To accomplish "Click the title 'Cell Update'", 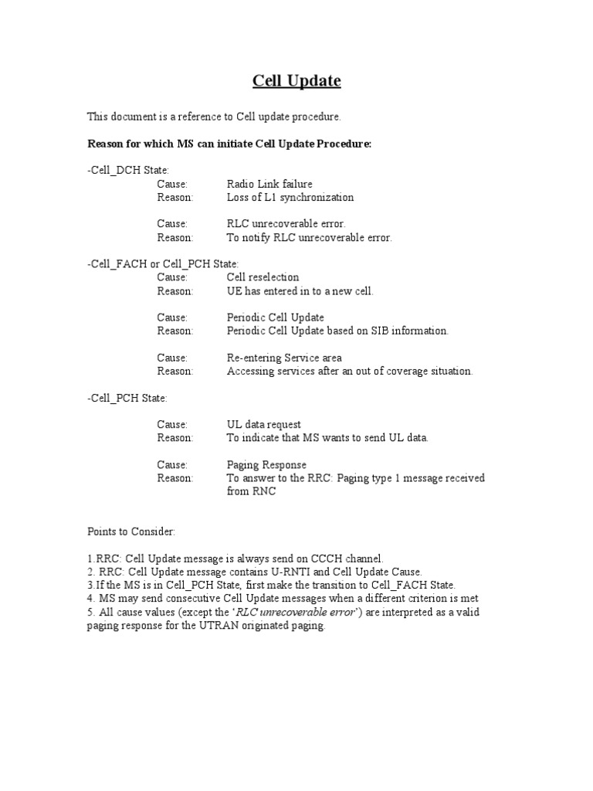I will pos(297,81).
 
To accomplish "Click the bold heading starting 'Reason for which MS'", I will pos(229,143).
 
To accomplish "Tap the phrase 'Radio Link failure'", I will pos(269,184).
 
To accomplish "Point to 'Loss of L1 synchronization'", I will pos(290,197).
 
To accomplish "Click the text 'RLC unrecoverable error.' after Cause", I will pos(280,224).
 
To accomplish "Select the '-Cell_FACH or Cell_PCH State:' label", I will pos(163,264).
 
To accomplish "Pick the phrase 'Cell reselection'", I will pos(263,277).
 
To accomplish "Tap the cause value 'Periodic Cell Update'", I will pos(275,317).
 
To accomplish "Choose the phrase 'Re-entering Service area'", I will pos(284,358).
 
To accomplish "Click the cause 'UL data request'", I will pos(263,424).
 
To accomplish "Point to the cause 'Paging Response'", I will pos(266,464).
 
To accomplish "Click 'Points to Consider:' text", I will pos(131,532).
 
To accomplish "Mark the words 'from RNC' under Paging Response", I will pos(251,491).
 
